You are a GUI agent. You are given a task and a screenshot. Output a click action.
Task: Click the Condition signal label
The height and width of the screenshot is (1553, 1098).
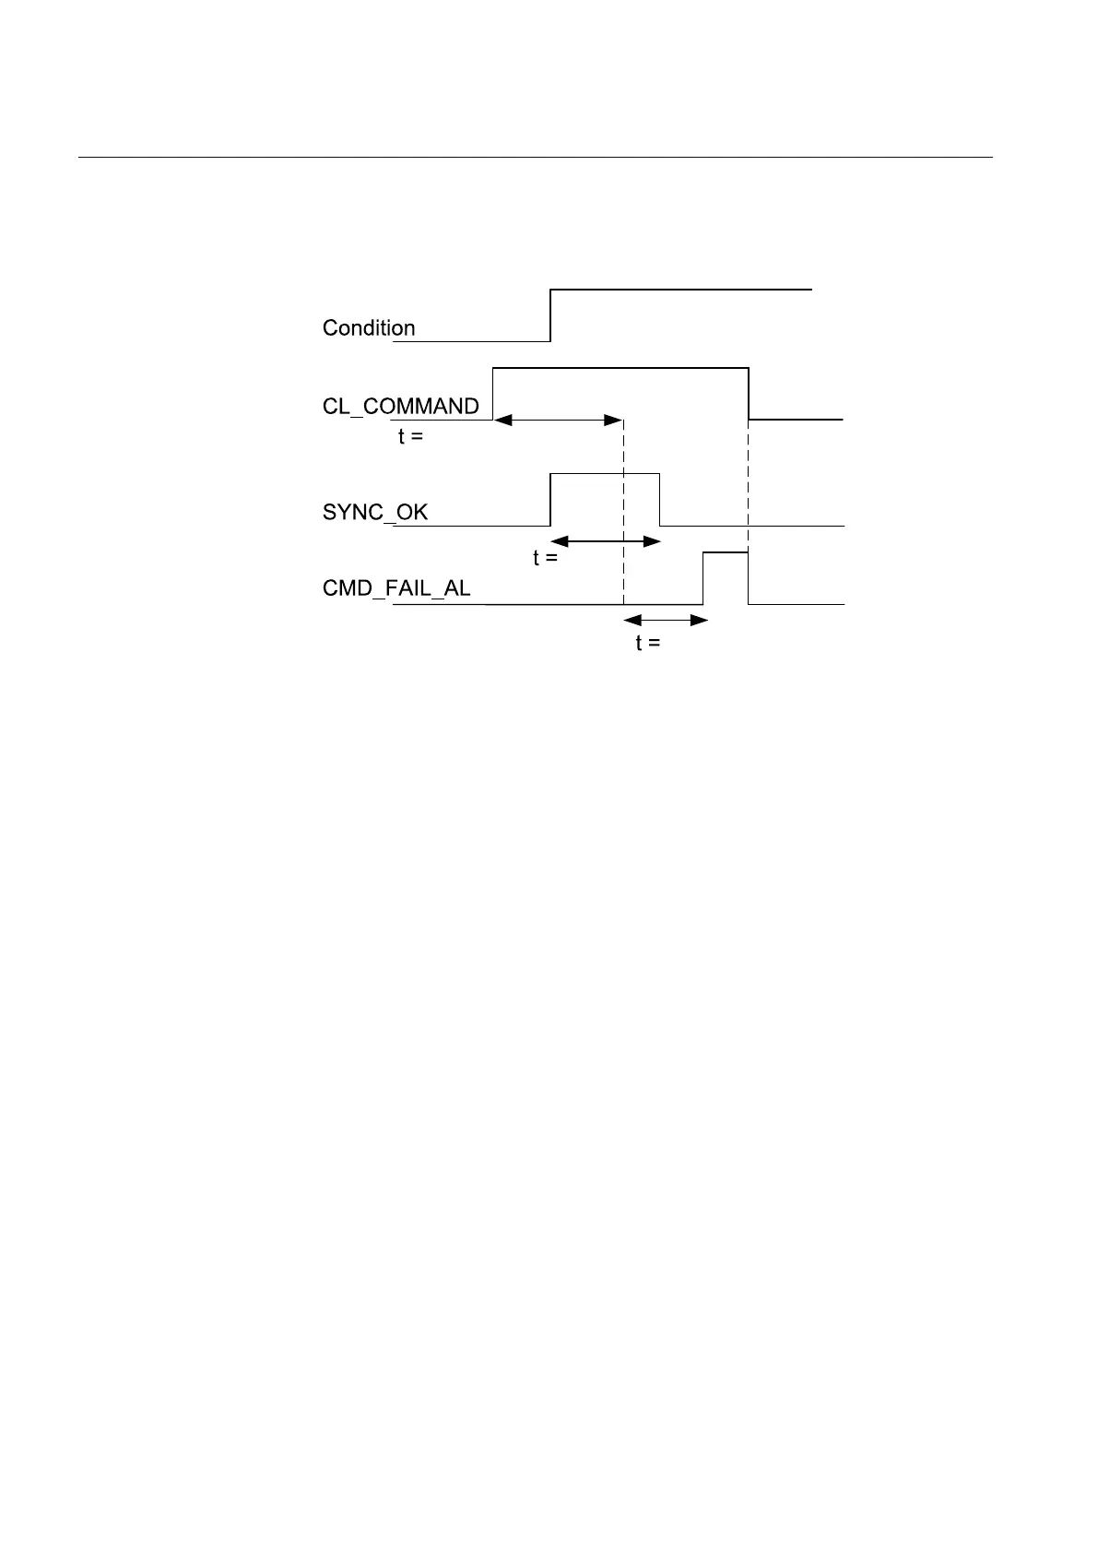(x=369, y=328)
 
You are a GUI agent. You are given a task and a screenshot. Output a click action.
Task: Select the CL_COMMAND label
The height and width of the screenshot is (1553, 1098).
(x=401, y=407)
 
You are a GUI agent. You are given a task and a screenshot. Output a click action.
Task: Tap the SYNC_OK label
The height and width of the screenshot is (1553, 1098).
(x=375, y=512)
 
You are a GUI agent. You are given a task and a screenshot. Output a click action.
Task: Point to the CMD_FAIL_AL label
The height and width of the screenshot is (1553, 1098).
(x=396, y=588)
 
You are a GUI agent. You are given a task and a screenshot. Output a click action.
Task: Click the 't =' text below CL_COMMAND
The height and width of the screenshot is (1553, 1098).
(x=411, y=437)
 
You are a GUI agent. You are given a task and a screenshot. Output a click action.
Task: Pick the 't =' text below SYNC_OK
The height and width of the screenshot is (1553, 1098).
(x=546, y=558)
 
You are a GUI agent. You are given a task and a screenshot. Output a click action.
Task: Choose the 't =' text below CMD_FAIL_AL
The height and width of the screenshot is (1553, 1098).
(x=648, y=643)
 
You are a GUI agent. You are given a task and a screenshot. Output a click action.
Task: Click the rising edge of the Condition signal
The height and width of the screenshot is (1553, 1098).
(x=550, y=315)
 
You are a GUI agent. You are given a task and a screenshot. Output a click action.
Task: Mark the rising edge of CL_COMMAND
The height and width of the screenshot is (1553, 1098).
(x=493, y=394)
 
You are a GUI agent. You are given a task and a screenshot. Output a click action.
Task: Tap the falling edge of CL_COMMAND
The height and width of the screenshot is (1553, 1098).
(x=749, y=394)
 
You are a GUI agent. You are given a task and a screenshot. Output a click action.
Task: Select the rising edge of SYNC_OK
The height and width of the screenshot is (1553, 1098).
(x=550, y=499)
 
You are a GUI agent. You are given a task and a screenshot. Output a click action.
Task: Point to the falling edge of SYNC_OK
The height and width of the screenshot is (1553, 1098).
(x=660, y=499)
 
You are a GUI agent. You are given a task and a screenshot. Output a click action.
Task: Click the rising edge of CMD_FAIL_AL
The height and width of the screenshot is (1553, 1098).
(x=703, y=578)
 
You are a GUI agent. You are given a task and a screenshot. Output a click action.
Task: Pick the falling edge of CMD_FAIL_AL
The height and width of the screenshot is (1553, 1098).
(x=749, y=578)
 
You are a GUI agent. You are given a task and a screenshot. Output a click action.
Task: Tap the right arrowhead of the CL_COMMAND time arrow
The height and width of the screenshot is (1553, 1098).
(x=614, y=421)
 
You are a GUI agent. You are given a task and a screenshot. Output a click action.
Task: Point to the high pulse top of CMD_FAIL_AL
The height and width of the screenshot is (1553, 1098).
(x=726, y=552)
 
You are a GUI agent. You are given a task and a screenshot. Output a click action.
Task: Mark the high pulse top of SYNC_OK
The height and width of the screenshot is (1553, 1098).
(x=605, y=473)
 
